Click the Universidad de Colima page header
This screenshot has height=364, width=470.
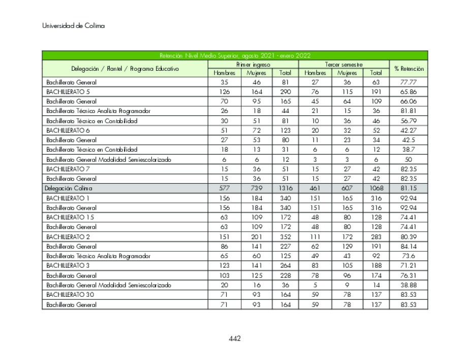coord(73,26)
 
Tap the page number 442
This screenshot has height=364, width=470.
coord(234,339)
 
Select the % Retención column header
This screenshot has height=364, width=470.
coord(409,69)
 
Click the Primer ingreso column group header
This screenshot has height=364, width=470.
coord(253,65)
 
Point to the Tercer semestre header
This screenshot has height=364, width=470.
coord(343,65)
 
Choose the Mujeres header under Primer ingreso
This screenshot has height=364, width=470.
coord(257,73)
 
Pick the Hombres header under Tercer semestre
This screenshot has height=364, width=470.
coord(315,73)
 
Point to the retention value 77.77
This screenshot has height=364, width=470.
coord(409,82)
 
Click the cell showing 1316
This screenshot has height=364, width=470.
coord(285,188)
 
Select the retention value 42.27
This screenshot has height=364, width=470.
coord(409,130)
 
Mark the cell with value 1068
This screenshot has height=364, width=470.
coord(376,188)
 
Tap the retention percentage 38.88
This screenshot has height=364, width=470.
coord(409,285)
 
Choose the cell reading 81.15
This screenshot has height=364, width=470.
coord(409,188)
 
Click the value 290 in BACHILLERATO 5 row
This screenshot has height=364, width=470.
coord(285,92)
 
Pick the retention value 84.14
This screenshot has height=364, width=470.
coord(409,246)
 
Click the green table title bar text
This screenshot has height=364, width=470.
coord(235,55)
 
